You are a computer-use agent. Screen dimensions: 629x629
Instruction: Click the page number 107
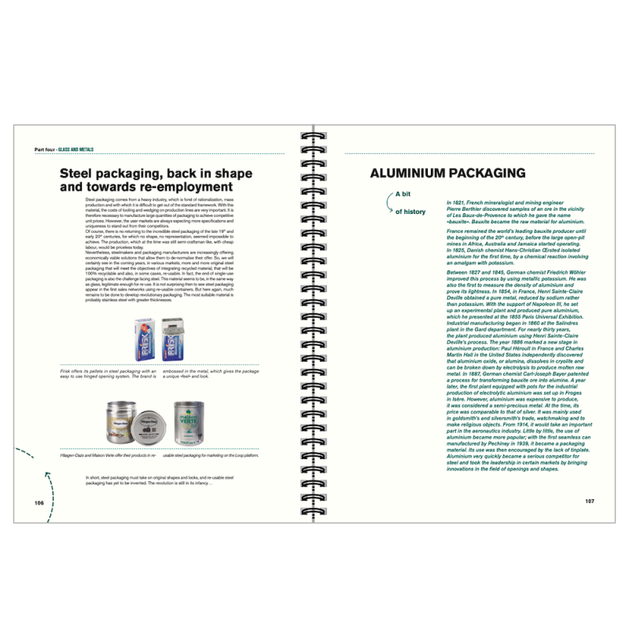[x=589, y=502]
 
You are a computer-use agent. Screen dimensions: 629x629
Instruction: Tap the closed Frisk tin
[x=145, y=344]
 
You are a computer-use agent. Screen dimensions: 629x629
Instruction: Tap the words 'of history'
[x=410, y=212]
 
